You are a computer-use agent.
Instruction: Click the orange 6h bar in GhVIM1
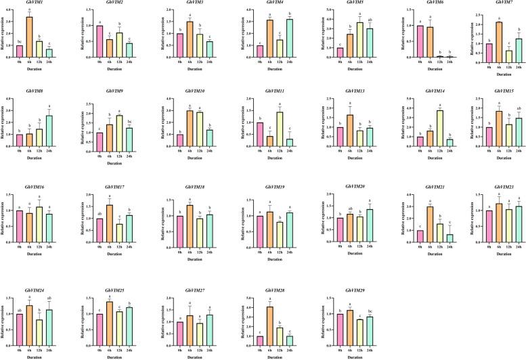(29, 38)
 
